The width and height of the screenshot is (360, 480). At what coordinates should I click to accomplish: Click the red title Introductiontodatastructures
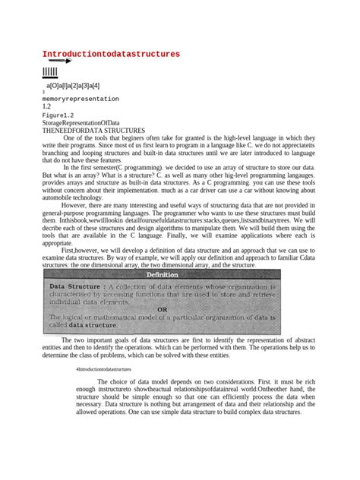(x=111, y=54)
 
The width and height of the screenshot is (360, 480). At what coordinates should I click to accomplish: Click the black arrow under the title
(x=59, y=62)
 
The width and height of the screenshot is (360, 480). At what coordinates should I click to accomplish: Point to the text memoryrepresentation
(x=81, y=99)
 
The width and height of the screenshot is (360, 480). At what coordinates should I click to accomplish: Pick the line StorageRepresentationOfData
(x=81, y=122)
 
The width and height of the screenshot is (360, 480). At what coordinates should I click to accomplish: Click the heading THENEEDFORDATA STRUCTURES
(x=93, y=131)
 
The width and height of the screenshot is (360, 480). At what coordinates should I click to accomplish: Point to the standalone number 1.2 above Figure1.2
(x=47, y=107)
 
